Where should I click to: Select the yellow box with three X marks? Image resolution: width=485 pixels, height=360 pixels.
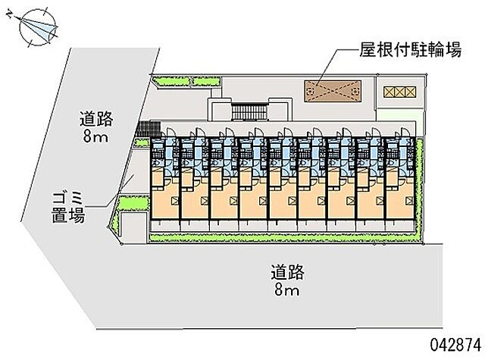point(400,92)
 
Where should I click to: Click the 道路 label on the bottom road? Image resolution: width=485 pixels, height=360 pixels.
point(289,271)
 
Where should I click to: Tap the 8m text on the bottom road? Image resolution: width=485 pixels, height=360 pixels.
point(289,290)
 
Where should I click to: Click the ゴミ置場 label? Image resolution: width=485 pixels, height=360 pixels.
point(64,207)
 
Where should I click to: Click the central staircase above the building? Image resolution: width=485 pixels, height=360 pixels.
point(247,113)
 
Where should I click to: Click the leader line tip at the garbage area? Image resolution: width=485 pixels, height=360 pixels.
point(135,176)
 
